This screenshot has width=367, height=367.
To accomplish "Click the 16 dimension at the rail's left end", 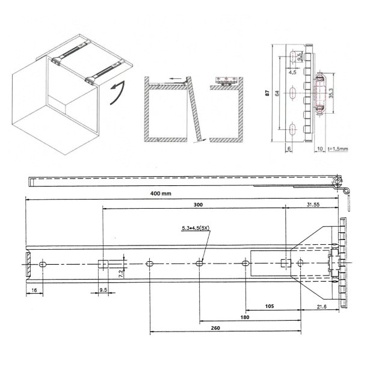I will click(34, 290).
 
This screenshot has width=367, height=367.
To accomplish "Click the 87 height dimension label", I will click(266, 94).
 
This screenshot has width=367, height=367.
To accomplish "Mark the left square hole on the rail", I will click(102, 264).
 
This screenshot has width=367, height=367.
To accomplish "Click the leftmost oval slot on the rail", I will click(43, 265).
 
